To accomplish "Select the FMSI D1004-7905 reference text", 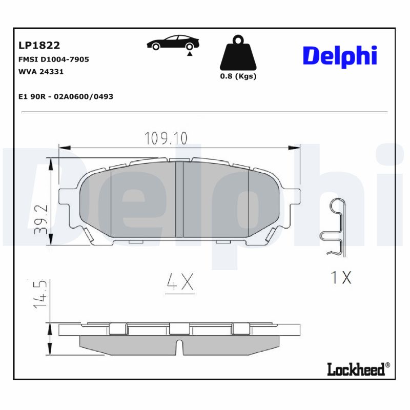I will [53, 59].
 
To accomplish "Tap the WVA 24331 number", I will [40, 72].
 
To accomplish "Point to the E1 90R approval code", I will [66, 96].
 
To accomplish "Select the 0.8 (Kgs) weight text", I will [238, 76].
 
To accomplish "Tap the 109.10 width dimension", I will [166, 138].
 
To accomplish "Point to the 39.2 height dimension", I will [42, 219].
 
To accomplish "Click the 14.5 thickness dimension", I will [42, 294].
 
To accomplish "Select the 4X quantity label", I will [180, 282].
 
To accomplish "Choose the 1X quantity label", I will [340, 277].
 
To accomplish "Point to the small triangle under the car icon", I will [190, 53].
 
